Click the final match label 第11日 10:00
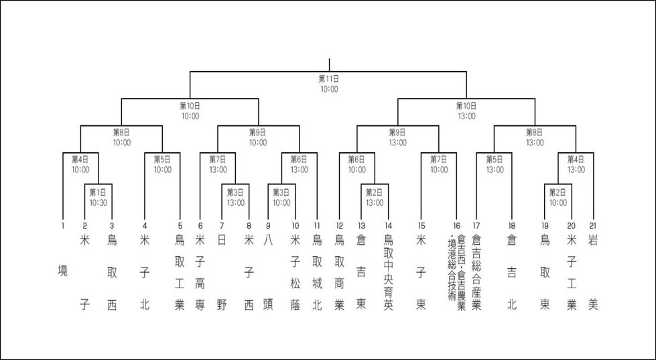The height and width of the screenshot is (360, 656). pos(329,84)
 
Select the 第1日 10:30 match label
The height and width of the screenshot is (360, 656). pos(98,198)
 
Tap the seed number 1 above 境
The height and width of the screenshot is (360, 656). pos(63,226)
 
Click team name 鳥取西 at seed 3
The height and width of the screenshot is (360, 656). pos(112,273)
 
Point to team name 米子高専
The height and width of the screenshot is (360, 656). pos(200,273)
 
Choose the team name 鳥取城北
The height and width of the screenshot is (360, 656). pos(317,273)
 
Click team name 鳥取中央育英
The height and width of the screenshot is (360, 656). pos(388,273)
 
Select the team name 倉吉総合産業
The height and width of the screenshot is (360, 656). pos(476,273)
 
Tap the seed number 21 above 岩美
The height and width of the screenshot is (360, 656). pos(593,226)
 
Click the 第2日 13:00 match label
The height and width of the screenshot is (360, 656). pos(375,198)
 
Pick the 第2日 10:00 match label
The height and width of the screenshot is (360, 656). pos(557,198)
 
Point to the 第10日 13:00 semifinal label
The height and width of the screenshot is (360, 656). pos(466,111)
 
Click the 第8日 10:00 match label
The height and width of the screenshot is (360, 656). pos(121,137)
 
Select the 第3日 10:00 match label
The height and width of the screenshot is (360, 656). pos(281,198)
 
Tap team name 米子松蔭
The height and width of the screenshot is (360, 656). pos(296,273)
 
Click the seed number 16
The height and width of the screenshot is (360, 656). pos(457,226)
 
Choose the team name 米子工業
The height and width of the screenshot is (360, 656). pos(572,273)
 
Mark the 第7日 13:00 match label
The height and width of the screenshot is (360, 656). pos(218,164)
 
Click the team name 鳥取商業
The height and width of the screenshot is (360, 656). pos(339,273)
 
